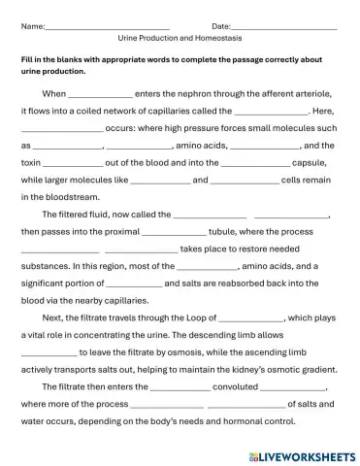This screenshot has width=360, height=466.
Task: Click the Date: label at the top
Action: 220,25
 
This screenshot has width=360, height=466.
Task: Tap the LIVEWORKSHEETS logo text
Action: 303,453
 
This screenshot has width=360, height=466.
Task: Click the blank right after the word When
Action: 100,94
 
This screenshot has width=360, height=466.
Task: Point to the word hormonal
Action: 235,421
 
